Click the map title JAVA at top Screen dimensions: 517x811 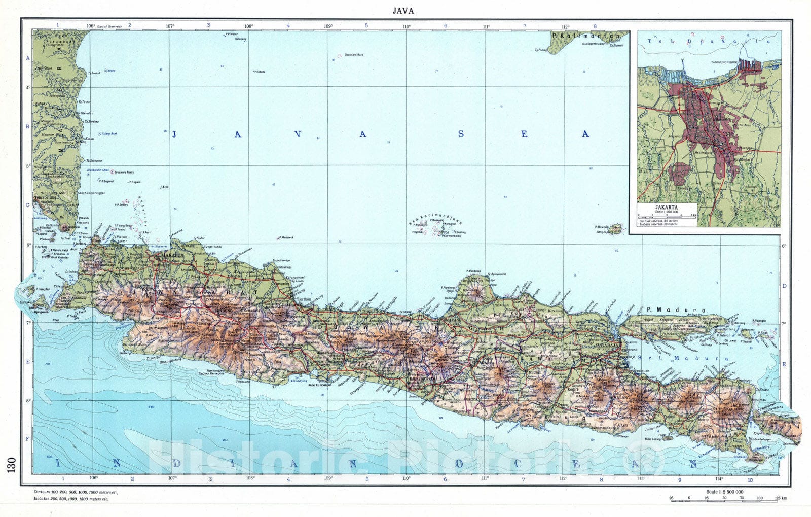point(403,10)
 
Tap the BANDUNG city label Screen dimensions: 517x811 point(208,311)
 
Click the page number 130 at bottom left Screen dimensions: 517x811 point(12,464)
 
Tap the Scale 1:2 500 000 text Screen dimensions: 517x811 point(724,492)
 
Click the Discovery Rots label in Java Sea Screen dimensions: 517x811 point(354,54)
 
